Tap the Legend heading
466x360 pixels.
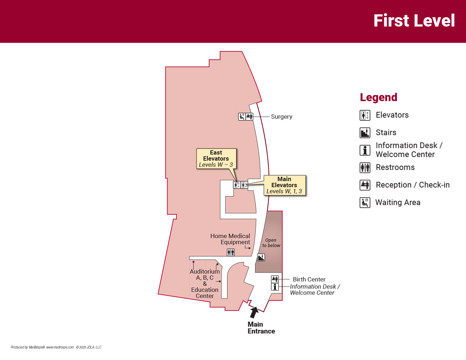click(x=378, y=98)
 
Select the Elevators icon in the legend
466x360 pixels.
click(x=365, y=115)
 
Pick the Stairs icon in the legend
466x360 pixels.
click(x=365, y=133)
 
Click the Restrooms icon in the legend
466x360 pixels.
click(x=365, y=167)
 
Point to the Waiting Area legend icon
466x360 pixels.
click(x=365, y=203)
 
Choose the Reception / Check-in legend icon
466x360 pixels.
click(x=365, y=185)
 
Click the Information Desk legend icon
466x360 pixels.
click(x=365, y=150)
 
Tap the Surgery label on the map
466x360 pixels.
click(x=281, y=117)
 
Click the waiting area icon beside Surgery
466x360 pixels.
click(x=242, y=117)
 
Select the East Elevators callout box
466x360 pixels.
click(x=216, y=158)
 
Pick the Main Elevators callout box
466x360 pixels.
click(x=284, y=185)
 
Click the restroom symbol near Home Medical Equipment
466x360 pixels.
click(x=231, y=252)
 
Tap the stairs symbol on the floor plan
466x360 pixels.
click(x=261, y=257)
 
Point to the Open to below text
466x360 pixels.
click(x=271, y=243)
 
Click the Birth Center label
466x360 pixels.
click(x=309, y=279)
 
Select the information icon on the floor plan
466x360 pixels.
click(x=275, y=287)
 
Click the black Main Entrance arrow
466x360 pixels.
click(x=254, y=312)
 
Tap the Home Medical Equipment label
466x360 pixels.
click(x=230, y=239)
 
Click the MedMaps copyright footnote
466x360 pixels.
click(x=56, y=347)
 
